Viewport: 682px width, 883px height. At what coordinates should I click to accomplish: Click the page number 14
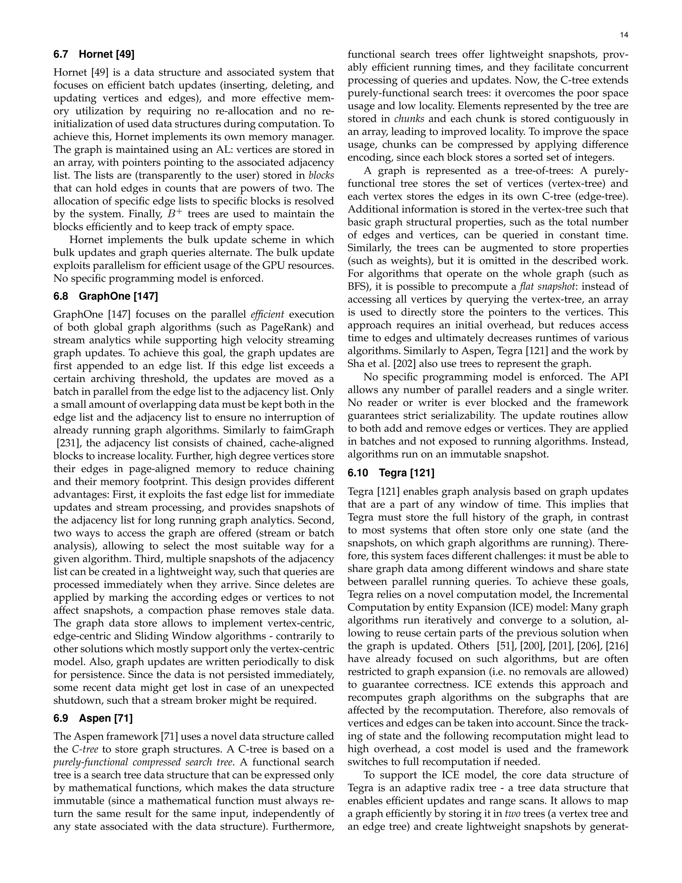pos(624,35)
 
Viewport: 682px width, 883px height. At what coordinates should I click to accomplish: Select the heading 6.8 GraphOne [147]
pos(106,296)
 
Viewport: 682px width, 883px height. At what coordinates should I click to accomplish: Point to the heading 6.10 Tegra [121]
pos(391,472)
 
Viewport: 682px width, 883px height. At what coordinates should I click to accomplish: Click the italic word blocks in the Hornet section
pos(321,176)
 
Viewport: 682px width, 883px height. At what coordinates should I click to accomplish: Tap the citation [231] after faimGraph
pos(67,443)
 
